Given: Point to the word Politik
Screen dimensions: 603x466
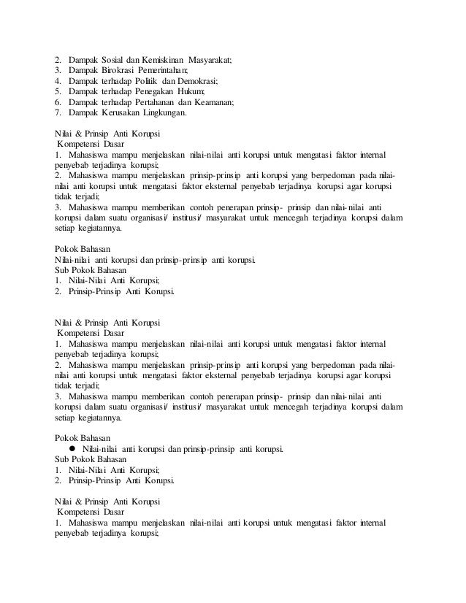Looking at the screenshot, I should click(144, 81).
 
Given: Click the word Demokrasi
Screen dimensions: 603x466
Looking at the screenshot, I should click(198, 81).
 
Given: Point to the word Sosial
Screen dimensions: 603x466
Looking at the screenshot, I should click(114, 59).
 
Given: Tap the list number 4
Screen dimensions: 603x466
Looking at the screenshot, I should click(58, 81).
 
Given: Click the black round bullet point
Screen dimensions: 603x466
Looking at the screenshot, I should click(72, 448).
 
